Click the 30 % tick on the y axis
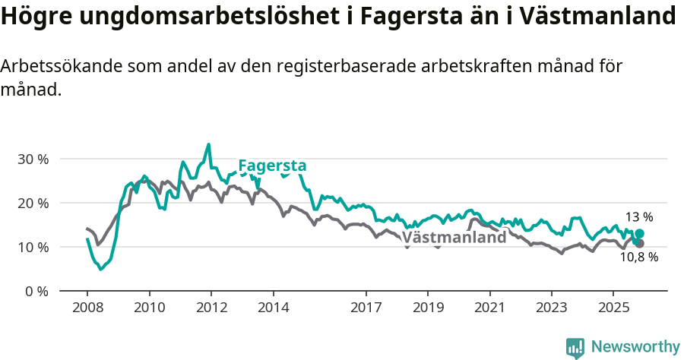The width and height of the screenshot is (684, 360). point(33,159)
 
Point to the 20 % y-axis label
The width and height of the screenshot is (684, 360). point(33,204)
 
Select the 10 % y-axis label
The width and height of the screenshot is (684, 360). point(33,248)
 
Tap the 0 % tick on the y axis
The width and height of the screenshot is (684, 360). point(36,292)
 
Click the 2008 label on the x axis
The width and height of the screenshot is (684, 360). point(87,308)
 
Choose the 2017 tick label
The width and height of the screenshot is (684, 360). point(366,308)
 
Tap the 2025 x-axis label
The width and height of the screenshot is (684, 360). point(613,308)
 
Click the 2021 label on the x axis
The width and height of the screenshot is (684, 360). point(489,308)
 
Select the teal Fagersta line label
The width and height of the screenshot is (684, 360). point(272,166)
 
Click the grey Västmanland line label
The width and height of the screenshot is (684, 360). point(454,237)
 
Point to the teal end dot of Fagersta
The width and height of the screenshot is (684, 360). point(639,234)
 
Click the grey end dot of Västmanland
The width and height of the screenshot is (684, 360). point(639,243)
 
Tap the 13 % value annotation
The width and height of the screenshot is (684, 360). point(639,217)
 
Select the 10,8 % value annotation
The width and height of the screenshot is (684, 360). point(638,257)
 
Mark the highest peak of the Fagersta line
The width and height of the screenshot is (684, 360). point(209,144)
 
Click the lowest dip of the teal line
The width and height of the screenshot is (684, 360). point(100,269)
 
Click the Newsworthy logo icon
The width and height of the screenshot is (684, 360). point(575,347)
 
